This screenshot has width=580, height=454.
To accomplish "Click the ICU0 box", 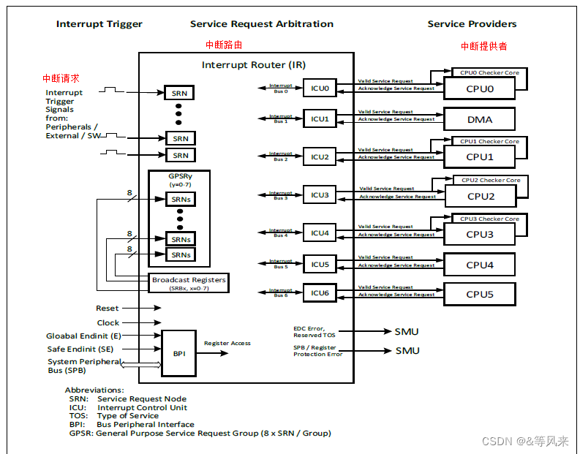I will pyautogui.click(x=320, y=88).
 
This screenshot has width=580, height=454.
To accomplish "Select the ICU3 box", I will pyautogui.click(x=320, y=195).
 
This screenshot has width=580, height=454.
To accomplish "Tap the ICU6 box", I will pyautogui.click(x=320, y=293).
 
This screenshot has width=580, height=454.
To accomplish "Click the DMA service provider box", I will pyautogui.click(x=479, y=119).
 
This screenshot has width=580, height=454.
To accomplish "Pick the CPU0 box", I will pyautogui.click(x=479, y=88).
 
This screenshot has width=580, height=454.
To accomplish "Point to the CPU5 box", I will pyautogui.click(x=479, y=295).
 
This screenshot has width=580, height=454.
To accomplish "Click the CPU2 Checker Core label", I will pyautogui.click(x=491, y=180).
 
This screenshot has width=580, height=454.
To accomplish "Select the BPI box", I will pyautogui.click(x=179, y=352).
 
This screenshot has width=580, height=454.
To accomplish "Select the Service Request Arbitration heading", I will pyautogui.click(x=261, y=24).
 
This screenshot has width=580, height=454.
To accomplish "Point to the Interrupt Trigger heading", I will pyautogui.click(x=99, y=24).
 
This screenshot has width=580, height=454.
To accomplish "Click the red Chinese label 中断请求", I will pyautogui.click(x=61, y=78).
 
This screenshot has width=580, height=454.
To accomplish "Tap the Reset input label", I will pyautogui.click(x=107, y=309).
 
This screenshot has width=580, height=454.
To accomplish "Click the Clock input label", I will pyautogui.click(x=108, y=322).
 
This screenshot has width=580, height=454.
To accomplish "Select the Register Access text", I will pyautogui.click(x=227, y=343).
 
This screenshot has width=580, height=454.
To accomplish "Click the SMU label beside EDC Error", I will pyautogui.click(x=407, y=331).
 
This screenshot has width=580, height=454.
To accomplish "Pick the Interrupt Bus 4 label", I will pyautogui.click(x=281, y=233).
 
